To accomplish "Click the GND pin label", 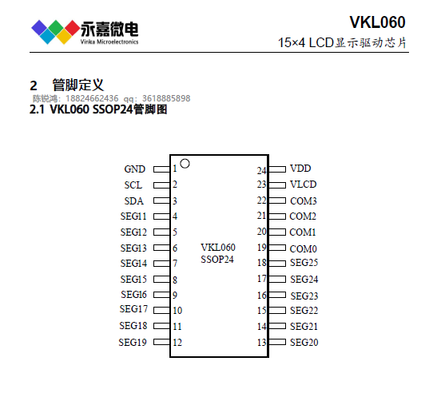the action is (134, 169).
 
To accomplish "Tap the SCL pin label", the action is (133, 185).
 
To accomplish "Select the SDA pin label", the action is (133, 201).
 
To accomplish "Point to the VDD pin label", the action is (300, 169).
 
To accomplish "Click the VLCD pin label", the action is (304, 185).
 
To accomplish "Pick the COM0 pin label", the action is (304, 248).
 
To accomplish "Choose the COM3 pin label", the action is (304, 201).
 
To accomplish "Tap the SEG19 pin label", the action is (133, 342).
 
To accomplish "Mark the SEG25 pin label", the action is (304, 263).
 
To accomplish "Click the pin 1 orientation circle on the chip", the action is (185, 161).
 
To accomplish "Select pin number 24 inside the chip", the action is (262, 170).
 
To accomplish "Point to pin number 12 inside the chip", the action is (177, 343).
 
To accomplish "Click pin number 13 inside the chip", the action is (262, 343).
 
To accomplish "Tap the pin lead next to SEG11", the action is (161, 216).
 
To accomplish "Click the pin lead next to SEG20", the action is (277, 342).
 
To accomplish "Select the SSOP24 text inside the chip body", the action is (217, 260).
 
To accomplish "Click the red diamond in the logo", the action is (73, 28).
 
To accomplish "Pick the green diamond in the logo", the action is (56, 28).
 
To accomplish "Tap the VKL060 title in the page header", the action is (377, 22).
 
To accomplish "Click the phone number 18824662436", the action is (92, 98).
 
